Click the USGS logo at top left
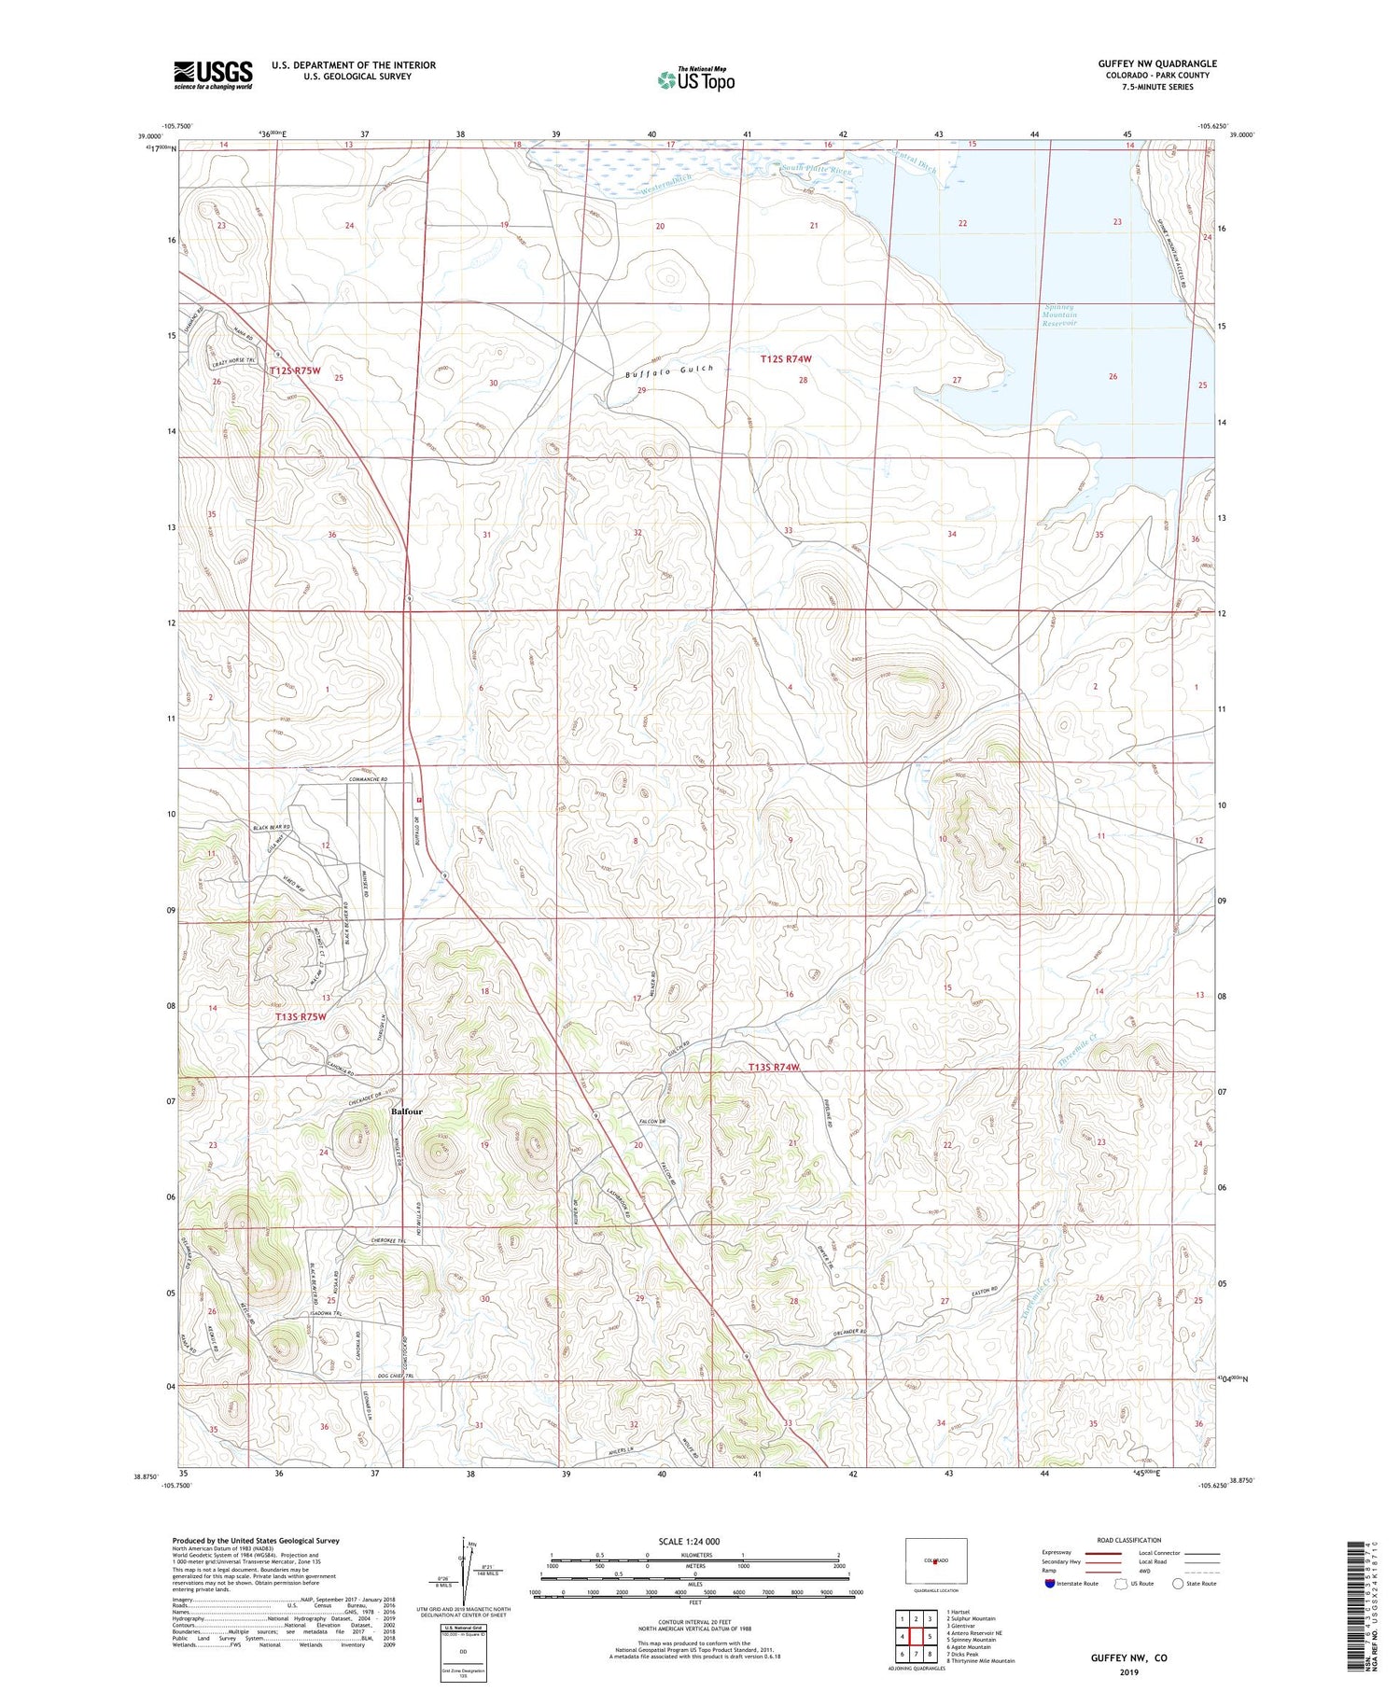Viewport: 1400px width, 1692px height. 213,75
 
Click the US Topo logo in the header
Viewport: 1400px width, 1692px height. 695,80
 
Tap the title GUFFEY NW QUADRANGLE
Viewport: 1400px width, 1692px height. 1156,63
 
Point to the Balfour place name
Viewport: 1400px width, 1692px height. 407,1112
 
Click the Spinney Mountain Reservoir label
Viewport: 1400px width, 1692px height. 1059,315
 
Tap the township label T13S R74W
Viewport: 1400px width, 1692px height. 774,1067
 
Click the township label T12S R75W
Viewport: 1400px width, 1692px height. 295,371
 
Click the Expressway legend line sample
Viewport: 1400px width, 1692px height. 1108,1553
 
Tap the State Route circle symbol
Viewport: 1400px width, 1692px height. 1179,1584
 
